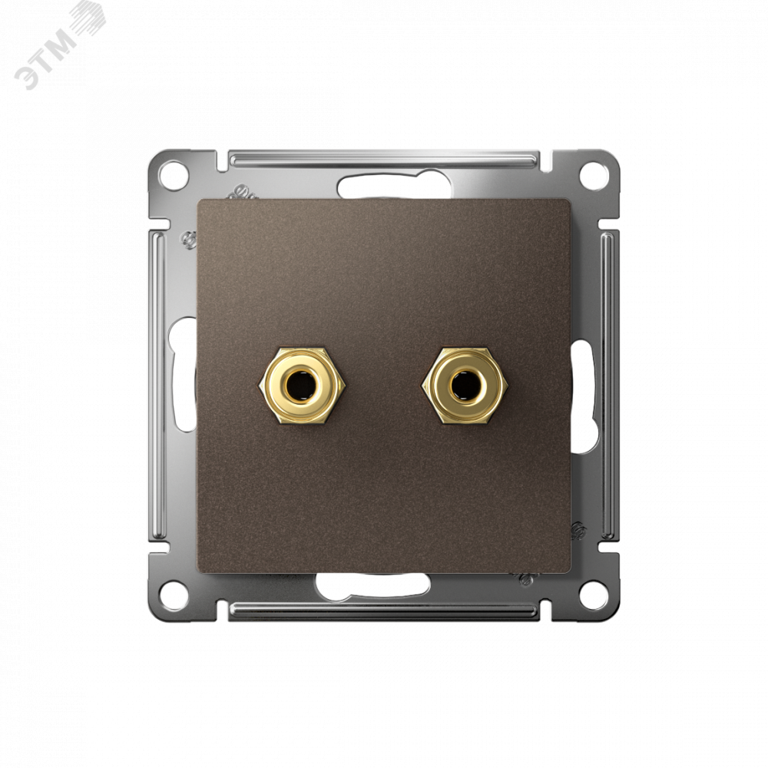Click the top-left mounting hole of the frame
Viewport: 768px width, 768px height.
[x=174, y=174]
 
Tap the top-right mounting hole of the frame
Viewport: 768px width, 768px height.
[x=593, y=174]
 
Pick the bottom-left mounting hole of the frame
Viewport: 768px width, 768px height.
[x=174, y=592]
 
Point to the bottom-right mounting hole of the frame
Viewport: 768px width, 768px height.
[x=593, y=592]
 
